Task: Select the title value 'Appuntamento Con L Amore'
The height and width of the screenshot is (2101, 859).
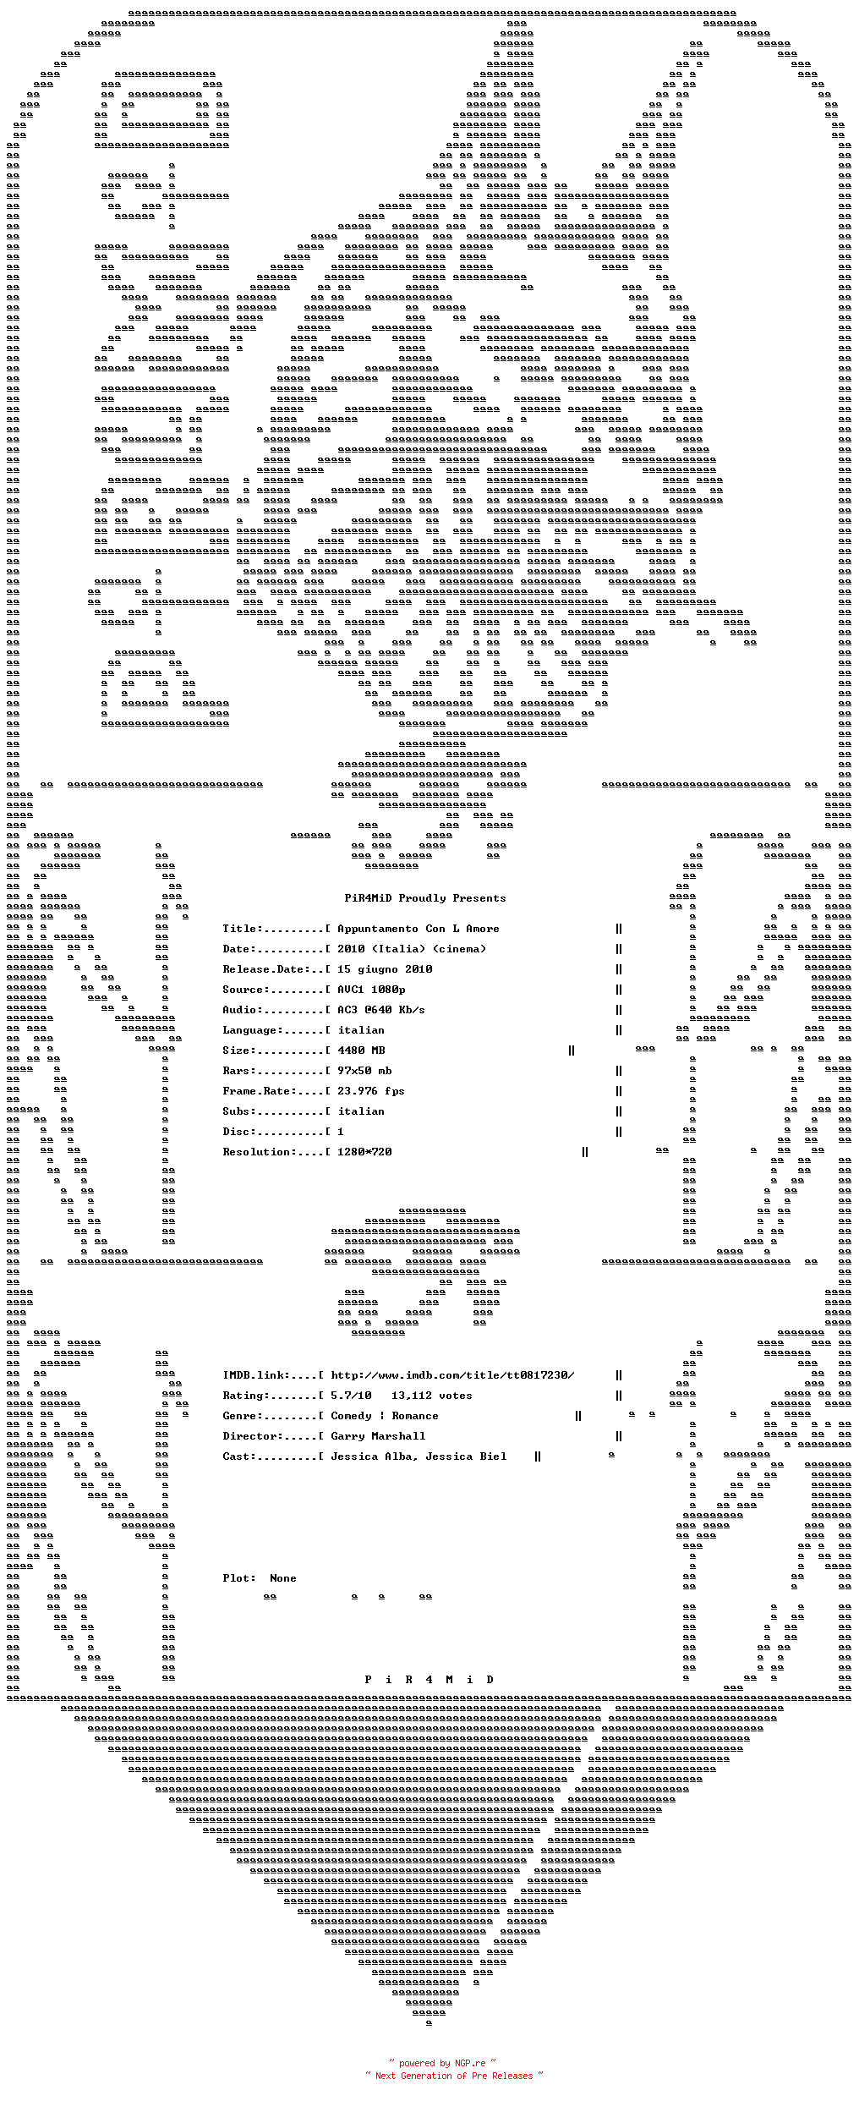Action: click(x=419, y=929)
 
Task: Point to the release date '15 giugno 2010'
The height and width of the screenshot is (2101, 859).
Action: click(x=385, y=969)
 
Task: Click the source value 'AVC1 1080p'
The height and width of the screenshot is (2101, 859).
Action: click(x=371, y=990)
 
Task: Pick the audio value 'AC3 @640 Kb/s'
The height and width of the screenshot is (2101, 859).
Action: click(x=381, y=1010)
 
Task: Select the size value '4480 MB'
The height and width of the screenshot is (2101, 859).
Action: click(x=361, y=1050)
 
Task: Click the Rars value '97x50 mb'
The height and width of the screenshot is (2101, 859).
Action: click(x=364, y=1071)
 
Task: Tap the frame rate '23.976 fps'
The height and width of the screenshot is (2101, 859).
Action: click(x=371, y=1091)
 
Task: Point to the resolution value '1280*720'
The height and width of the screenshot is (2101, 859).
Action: click(x=364, y=1152)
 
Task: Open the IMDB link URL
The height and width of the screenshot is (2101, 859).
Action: click(x=452, y=1375)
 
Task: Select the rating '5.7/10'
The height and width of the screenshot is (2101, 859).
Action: click(x=351, y=1396)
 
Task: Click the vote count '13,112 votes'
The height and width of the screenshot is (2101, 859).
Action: click(x=432, y=1396)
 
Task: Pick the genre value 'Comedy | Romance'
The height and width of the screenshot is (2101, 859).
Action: click(x=385, y=1416)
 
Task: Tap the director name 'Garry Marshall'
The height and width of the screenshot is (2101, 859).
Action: click(x=378, y=1436)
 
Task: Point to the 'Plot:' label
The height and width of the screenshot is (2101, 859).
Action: click(x=239, y=1578)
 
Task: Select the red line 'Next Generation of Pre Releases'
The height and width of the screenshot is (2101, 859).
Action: click(x=454, y=2076)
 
